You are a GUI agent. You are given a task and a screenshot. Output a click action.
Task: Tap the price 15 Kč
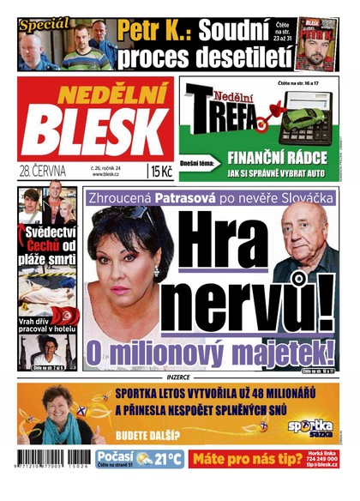tap(161, 172)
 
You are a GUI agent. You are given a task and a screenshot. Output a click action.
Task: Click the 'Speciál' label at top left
tap(44, 24)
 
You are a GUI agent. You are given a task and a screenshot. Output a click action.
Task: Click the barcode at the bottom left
tap(54, 458)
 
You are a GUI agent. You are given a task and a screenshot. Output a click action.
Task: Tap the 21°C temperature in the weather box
tap(164, 458)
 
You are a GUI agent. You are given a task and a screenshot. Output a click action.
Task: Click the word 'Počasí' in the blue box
tap(115, 456)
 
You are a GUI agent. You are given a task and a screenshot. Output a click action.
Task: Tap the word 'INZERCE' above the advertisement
tap(180, 375)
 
